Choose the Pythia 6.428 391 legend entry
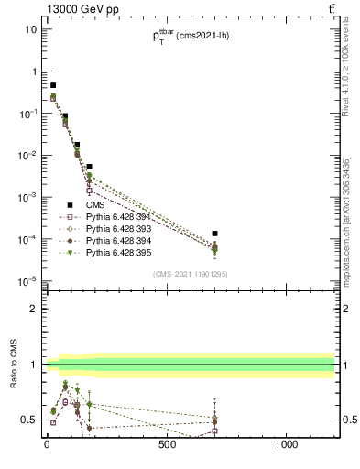pyautogui.click(x=118, y=217)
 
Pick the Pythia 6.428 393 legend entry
pyautogui.click(x=118, y=228)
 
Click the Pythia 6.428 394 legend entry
pyautogui.click(x=118, y=240)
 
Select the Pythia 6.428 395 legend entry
pyautogui.click(x=118, y=251)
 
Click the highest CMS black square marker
pyautogui.click(x=53, y=85)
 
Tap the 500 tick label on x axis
pyautogui.click(x=167, y=446)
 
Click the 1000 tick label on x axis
pyautogui.click(x=287, y=446)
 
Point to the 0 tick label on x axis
pyautogui.click(x=47, y=446)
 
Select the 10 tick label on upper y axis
pyautogui.click(x=30, y=29)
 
